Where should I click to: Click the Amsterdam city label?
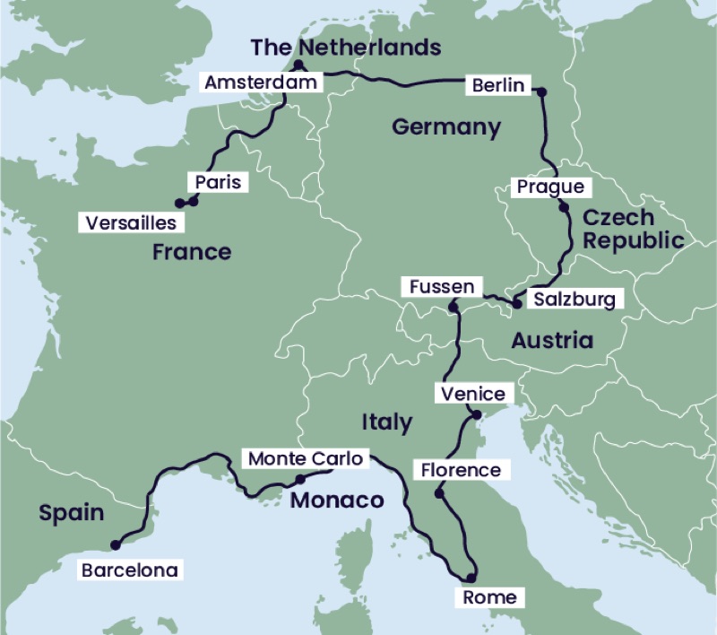pos(261,83)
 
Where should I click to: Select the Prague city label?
pos(550,187)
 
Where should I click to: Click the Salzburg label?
pos(574,300)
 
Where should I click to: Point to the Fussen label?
pos(441,287)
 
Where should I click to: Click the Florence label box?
pos(461,470)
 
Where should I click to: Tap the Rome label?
pos(489,596)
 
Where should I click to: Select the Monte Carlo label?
pos(305,459)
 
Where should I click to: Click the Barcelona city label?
pos(128,570)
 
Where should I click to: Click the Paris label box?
pos(219,182)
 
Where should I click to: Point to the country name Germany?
pos(446,127)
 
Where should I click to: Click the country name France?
pos(191,252)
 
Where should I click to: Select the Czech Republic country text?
pos(632,229)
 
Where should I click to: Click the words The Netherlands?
pos(345,47)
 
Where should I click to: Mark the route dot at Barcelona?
pos(114,544)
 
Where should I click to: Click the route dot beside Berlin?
pos(540,91)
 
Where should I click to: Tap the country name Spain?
pos(72,514)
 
